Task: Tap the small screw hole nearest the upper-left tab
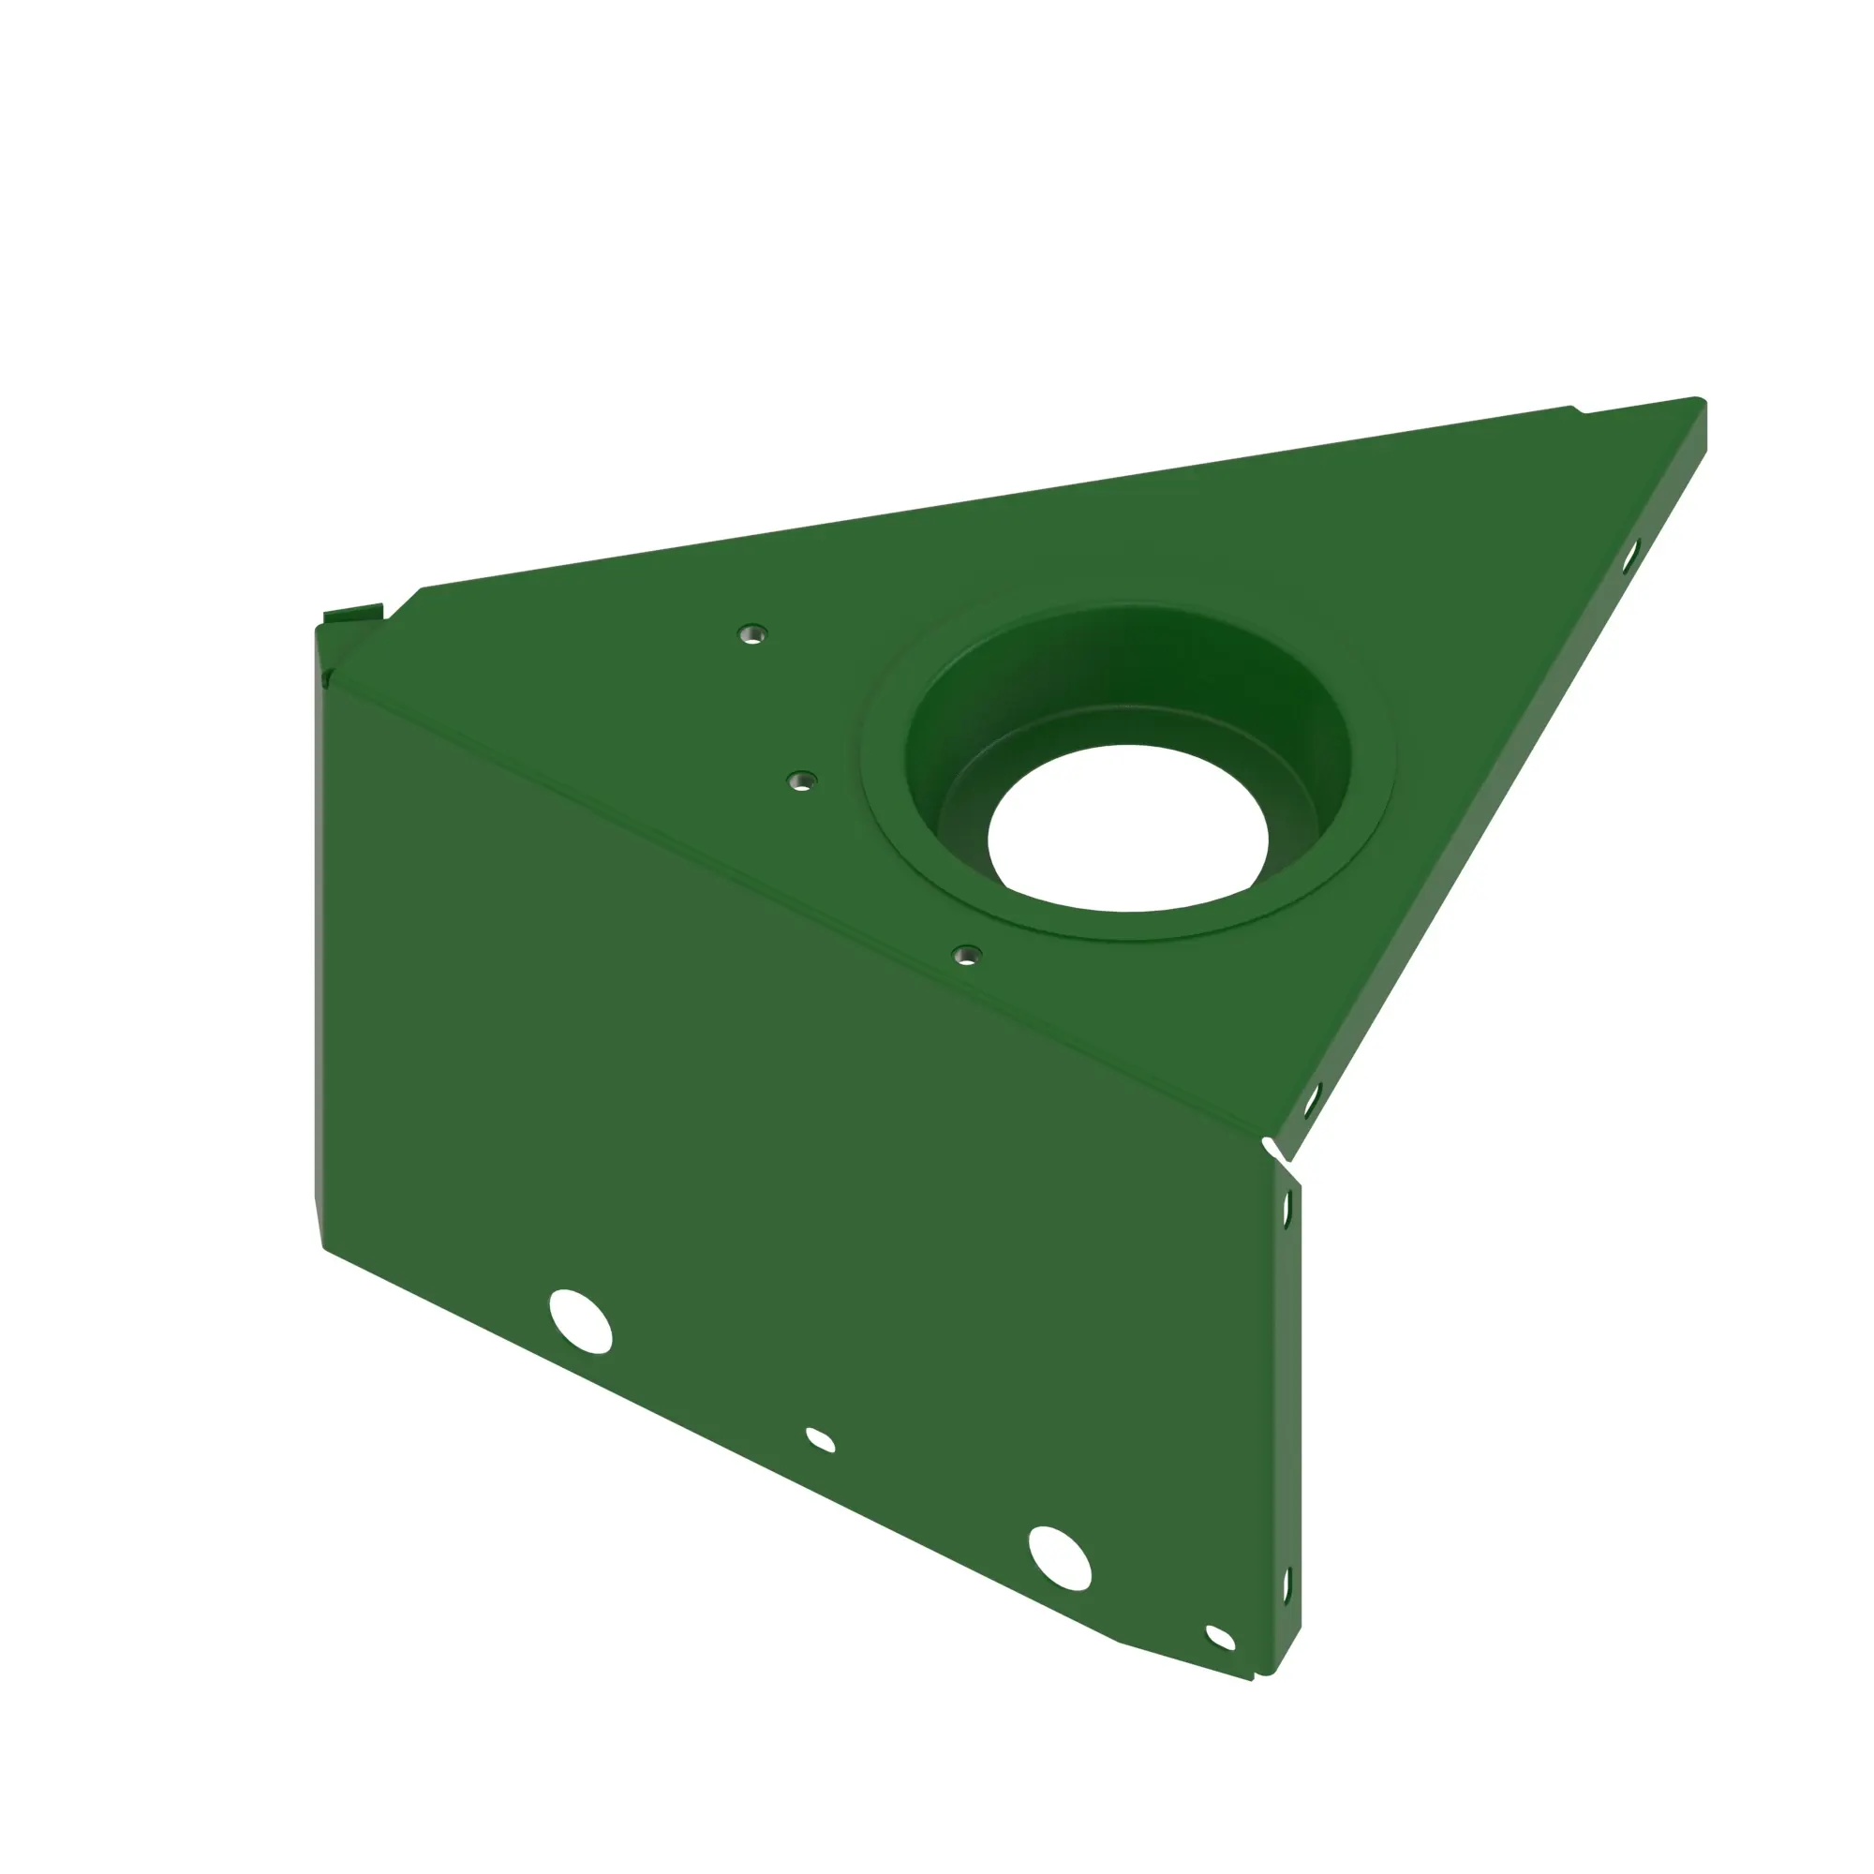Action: coord(751,635)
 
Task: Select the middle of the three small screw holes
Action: coord(801,781)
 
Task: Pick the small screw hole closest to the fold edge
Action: coord(966,956)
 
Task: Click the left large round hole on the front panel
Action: coord(580,1321)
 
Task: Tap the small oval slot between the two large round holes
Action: coord(821,1440)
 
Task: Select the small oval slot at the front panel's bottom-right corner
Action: coord(1219,1638)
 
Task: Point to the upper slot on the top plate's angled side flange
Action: coord(1629,555)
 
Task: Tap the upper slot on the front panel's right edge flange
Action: coord(1287,1209)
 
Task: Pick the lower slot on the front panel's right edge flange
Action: coord(1287,1586)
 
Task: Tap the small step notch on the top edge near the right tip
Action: coord(1577,410)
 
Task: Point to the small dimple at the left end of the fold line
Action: coord(327,678)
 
